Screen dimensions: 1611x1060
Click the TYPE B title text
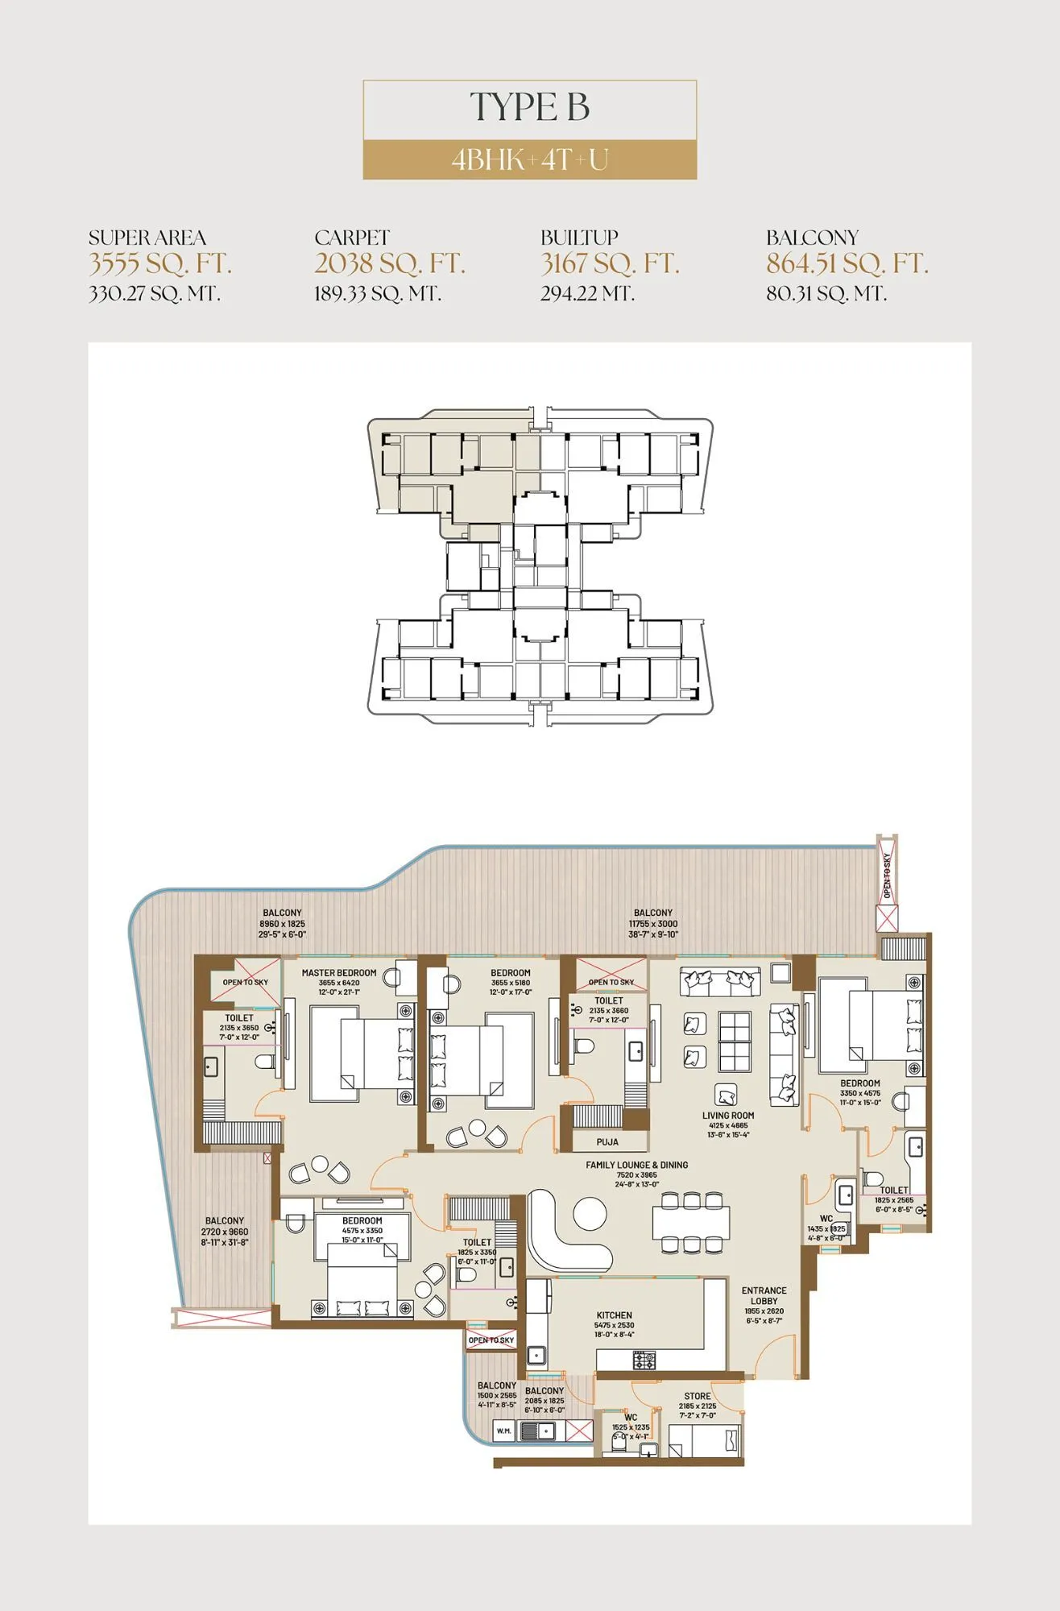pos(529,108)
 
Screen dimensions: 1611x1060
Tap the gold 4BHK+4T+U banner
pos(529,159)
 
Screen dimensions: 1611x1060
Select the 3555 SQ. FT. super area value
pos(159,263)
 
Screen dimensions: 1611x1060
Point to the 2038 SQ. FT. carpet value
pos(390,263)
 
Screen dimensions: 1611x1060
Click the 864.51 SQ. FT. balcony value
pos(847,263)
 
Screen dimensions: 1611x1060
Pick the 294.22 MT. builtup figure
pos(587,294)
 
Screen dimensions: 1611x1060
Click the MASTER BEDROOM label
pos(339,973)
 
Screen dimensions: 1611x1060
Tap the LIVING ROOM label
pos(728,1116)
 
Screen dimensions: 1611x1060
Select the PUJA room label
pos(607,1142)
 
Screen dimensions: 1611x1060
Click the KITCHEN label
pos(614,1315)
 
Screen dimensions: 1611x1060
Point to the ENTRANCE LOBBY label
pos(764,1295)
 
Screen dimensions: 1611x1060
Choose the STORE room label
pos(698,1396)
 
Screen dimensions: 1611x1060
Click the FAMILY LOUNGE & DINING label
pos(636,1165)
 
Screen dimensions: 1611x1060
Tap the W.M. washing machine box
pos(503,1431)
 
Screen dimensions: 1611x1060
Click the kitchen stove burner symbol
pos(644,1360)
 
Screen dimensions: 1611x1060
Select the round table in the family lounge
pos(590,1214)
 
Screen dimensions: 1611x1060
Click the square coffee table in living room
pos(734,1039)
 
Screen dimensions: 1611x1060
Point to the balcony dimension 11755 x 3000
pos(653,924)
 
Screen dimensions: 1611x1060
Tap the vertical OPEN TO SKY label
pos(888,876)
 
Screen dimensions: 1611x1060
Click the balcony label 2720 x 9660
pos(225,1232)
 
